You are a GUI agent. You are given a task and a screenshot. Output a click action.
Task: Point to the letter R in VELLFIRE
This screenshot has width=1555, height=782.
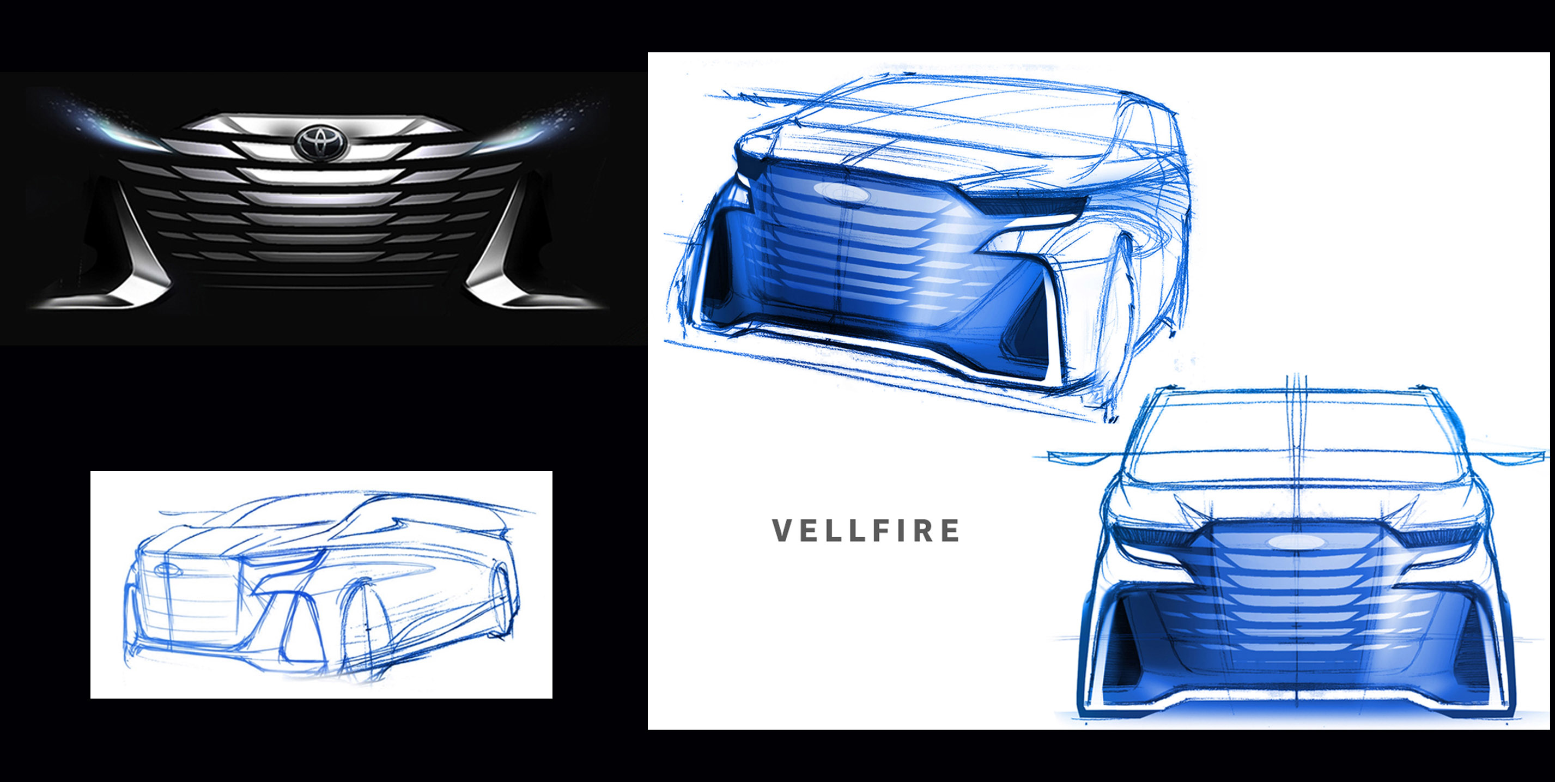tap(923, 531)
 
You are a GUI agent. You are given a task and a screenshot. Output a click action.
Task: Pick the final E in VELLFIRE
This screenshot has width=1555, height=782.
tap(950, 531)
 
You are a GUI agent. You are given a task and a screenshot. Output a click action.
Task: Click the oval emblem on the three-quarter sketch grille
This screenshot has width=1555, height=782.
tap(841, 191)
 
